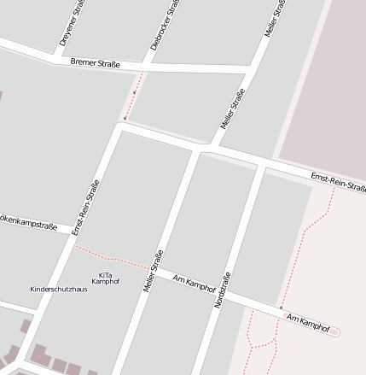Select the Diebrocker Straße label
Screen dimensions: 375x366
[x=166, y=24]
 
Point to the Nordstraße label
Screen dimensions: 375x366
[x=223, y=290]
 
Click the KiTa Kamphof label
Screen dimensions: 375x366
[x=105, y=278]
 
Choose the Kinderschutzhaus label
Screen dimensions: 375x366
[x=58, y=289]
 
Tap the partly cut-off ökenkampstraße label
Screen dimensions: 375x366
[x=27, y=223]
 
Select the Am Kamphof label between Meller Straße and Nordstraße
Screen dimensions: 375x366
[x=195, y=283]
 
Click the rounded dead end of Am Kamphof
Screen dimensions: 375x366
[x=335, y=331]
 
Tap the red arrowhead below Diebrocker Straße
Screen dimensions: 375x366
[x=125, y=118]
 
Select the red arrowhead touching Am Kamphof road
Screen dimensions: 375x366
[x=281, y=308]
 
